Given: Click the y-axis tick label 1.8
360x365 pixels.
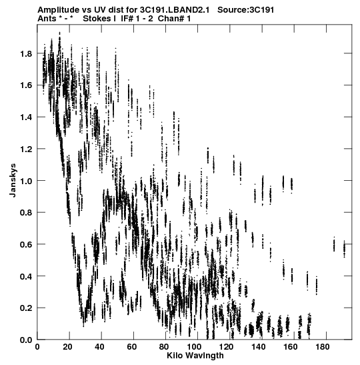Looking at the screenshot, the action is coord(26,54).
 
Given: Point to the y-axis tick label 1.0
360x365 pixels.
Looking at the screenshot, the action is coord(26,181).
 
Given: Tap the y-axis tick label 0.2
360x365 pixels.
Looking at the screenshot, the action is coord(26,308).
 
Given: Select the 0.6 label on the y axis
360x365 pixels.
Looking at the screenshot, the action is coord(26,244).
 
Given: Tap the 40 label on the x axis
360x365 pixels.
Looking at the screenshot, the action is coord(99,347).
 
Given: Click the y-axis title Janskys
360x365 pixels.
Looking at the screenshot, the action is coord(13,180).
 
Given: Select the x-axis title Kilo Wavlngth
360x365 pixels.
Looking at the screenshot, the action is coord(195,356).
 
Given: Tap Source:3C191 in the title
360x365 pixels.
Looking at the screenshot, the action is coord(246,10).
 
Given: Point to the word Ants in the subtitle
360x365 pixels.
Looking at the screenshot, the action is coord(47,19).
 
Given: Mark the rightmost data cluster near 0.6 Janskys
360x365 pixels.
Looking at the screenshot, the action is coord(344,249).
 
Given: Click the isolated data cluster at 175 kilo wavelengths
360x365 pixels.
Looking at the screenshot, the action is coord(317,286).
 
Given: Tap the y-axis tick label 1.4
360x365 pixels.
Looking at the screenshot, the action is coord(26,117).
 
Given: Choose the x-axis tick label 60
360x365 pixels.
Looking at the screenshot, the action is coord(131,347).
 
